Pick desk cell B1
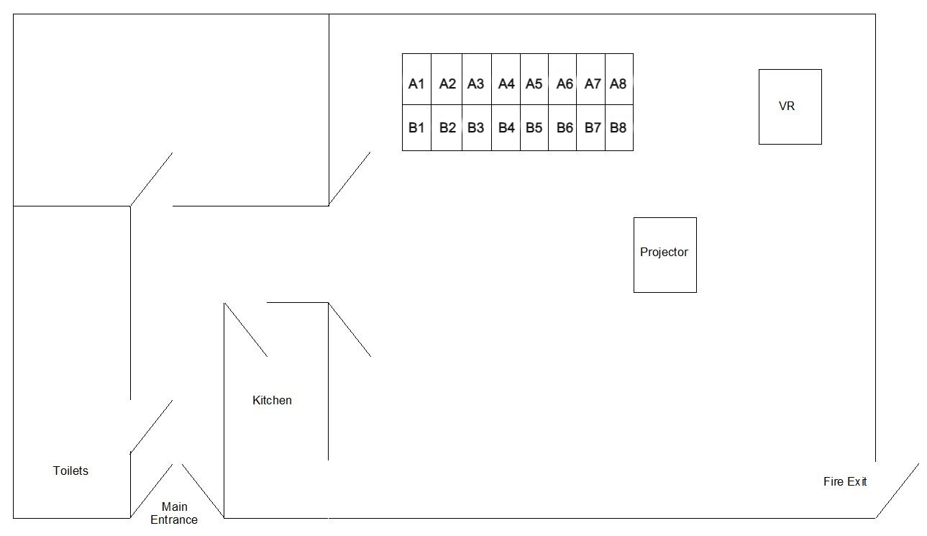coord(416,127)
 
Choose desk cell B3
coord(476,127)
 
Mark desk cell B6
coord(564,127)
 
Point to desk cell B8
coord(618,127)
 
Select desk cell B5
coord(534,127)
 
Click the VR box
coord(790,106)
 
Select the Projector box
coord(665,254)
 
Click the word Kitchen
coord(272,400)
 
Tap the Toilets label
coord(70,471)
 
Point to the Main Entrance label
coord(174,513)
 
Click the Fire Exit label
coord(844,481)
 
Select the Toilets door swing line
coord(151,427)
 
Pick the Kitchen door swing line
coord(246,330)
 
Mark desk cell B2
coord(447,127)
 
